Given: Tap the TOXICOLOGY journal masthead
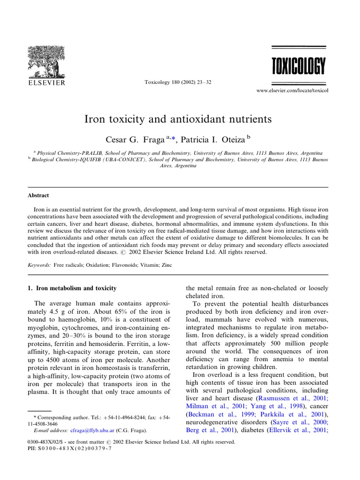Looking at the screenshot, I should (x=298, y=67).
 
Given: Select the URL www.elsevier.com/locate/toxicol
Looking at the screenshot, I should (x=292, y=90).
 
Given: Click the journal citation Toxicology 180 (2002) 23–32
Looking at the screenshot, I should (x=172, y=82).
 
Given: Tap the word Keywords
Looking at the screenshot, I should (x=38, y=265).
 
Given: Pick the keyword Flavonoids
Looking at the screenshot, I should (x=124, y=265).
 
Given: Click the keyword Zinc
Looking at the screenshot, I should (x=166, y=265).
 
